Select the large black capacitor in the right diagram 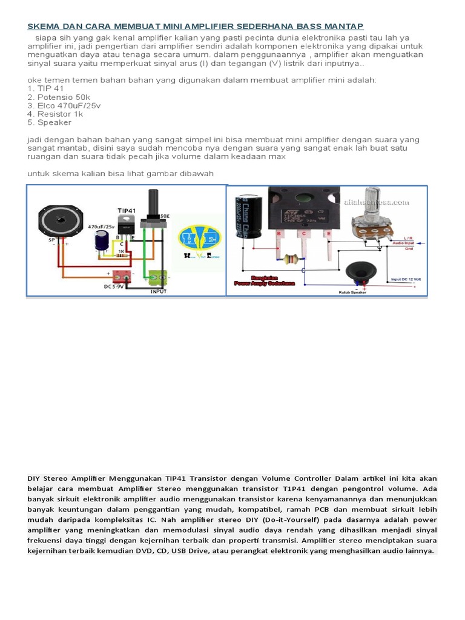pyautogui.click(x=249, y=215)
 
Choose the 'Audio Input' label pyautogui.click(x=408, y=243)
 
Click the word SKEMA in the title pyautogui.click(x=42, y=26)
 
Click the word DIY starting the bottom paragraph pyautogui.click(x=34, y=478)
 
